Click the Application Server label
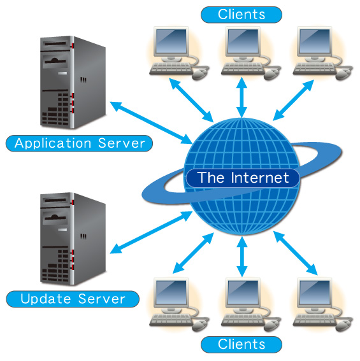79,143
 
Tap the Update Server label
73,299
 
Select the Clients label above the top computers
241,15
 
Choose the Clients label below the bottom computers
241,344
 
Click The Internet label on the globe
243,178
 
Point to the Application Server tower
73,82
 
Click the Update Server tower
73,239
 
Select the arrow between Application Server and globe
151,123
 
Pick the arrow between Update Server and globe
151,232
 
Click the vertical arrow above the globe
241,97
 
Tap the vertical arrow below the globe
241,256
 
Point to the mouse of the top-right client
344,73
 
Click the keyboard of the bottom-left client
171,320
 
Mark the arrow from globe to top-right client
293,100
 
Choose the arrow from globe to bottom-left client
193,253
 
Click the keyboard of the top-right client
315,68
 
